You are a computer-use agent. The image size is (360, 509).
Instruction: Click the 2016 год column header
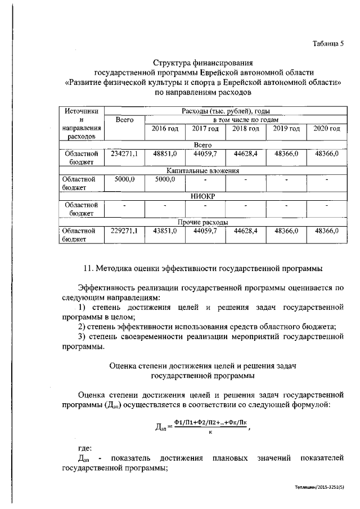[x=165, y=129]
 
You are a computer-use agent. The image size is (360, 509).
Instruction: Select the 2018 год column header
[x=245, y=129]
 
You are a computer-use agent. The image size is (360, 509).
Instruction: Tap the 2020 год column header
[x=327, y=129]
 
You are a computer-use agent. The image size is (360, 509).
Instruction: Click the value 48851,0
[x=165, y=153]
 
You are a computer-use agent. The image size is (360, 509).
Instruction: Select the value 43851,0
[x=165, y=230]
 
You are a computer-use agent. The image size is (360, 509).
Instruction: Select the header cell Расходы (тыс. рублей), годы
[x=226, y=111]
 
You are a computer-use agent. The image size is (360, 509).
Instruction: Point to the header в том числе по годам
[x=245, y=120]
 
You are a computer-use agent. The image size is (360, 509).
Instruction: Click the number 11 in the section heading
[x=88, y=265]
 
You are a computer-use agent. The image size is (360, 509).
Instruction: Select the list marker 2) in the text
[x=82, y=327]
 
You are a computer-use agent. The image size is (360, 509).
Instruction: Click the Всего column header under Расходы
[x=124, y=120]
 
